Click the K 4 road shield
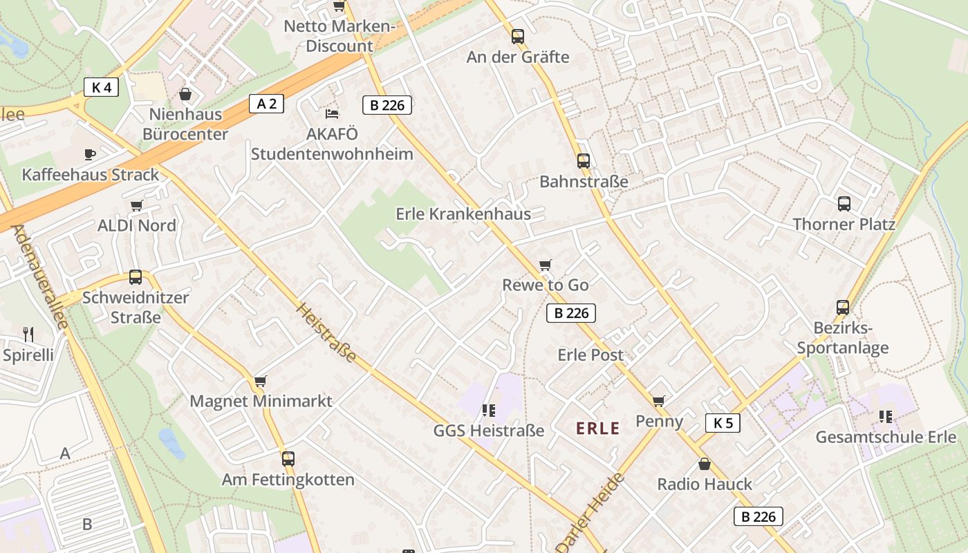101,87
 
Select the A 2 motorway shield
267,104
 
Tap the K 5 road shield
723,422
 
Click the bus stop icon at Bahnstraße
584,161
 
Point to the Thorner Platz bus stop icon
844,204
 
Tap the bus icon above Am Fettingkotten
288,458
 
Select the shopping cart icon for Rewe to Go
546,265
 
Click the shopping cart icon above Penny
659,401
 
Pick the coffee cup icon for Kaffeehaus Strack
90,154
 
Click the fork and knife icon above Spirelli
28,335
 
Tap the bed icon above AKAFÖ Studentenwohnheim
332,113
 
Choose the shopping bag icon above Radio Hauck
704,464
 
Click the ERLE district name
598,429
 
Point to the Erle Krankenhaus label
463,214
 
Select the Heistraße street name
326,332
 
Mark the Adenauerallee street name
39,276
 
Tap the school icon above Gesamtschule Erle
886,416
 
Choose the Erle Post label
590,355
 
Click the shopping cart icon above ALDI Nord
136,205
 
